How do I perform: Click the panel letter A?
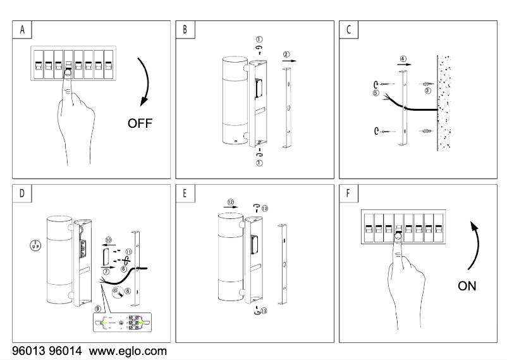(23, 30)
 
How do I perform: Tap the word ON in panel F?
(467, 287)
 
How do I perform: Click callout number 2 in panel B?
(286, 55)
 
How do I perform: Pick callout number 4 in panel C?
(403, 58)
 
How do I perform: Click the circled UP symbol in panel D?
(34, 244)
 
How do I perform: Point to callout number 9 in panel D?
(97, 308)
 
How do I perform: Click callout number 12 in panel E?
(230, 203)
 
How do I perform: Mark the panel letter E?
(185, 194)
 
